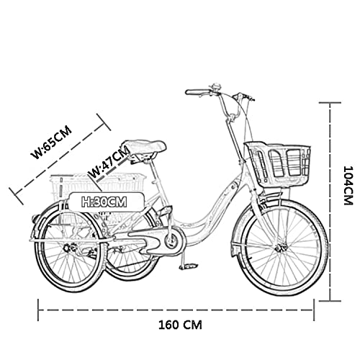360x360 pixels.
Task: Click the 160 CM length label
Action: point(180,325)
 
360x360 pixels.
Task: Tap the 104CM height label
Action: point(348,185)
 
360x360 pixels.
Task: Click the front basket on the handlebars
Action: point(278,163)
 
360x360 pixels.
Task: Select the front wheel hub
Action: point(281,246)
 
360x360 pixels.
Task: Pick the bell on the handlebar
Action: point(215,87)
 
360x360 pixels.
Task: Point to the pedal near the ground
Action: point(189,266)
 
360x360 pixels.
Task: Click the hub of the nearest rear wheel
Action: point(69,248)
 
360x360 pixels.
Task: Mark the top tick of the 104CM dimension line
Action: point(330,103)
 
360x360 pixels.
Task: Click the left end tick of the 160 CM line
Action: point(38,310)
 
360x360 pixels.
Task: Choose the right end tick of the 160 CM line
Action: point(314,310)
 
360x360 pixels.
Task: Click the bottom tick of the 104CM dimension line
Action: point(330,300)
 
